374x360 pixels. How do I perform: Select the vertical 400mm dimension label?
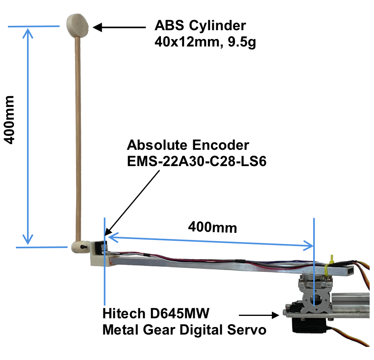tap(9, 120)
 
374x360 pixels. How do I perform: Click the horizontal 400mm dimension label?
tap(212, 227)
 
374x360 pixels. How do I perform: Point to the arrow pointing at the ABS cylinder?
tap(119, 27)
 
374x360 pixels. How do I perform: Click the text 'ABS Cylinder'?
tap(200, 26)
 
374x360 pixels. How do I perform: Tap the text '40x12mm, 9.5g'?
tap(205, 42)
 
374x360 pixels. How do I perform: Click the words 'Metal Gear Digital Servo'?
tap(184, 330)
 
